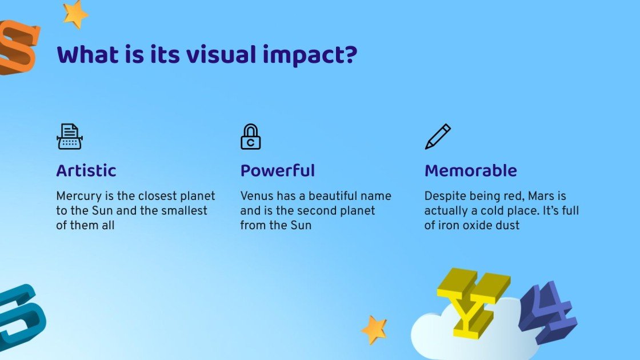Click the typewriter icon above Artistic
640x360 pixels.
tap(70, 137)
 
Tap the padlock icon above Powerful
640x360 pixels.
tap(250, 137)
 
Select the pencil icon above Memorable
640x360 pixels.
tap(438, 137)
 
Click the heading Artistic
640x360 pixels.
tap(86, 171)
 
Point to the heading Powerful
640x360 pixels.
tap(277, 171)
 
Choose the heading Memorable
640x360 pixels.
tap(470, 171)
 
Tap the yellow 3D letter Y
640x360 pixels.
tap(473, 300)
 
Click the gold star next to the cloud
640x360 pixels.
tap(374, 330)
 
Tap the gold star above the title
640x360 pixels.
tap(75, 14)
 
